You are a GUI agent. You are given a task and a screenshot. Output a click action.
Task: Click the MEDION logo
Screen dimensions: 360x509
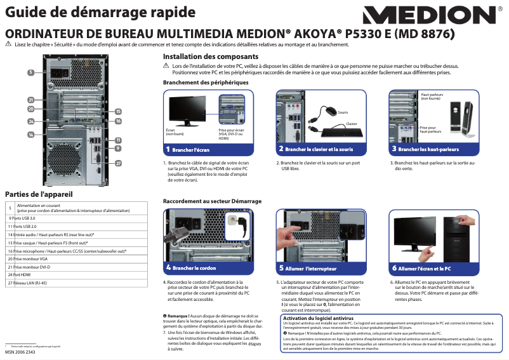pos(432,16)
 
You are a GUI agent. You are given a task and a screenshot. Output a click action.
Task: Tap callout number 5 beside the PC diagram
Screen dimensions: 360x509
pos(31,72)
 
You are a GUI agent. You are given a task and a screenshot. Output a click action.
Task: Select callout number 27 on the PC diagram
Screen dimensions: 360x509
pos(118,163)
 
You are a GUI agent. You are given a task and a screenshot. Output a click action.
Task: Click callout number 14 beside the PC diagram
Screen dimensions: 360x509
pos(31,135)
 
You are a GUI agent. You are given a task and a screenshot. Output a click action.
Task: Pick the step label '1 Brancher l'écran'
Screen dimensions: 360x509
pos(188,150)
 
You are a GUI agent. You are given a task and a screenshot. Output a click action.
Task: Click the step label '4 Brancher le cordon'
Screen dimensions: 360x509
pos(192,268)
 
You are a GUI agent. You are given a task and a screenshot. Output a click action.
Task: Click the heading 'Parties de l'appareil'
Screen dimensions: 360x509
pos(39,194)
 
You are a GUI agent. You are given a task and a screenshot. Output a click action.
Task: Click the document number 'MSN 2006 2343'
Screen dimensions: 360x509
pos(20,352)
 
